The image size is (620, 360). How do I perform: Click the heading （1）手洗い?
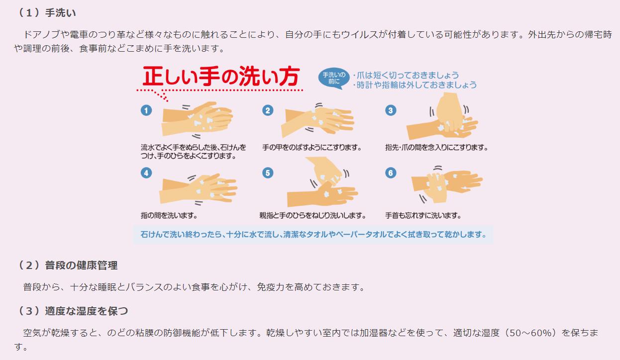point(46,13)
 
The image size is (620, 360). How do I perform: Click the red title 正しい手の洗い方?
point(221,76)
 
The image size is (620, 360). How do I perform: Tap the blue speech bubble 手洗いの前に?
point(334,78)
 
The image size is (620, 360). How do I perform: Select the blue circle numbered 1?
point(146,110)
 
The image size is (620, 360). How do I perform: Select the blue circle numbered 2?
point(268,110)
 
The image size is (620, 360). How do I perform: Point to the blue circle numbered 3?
point(391,110)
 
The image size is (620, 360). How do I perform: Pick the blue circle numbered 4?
point(146,173)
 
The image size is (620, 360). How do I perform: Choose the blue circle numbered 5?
point(268,173)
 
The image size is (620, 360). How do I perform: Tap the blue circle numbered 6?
point(391,173)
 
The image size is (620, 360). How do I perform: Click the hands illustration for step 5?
point(322,182)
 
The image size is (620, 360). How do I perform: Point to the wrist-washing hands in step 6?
point(446,184)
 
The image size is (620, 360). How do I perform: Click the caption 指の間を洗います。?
point(169,215)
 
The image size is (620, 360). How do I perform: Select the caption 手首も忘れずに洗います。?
point(423,215)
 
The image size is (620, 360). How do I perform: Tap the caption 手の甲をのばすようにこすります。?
point(312,148)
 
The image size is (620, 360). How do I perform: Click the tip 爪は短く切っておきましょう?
point(406,75)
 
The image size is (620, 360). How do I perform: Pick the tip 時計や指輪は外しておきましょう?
point(415,85)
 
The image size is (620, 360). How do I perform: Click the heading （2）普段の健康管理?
point(68,266)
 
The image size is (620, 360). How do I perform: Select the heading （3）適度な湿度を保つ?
point(73,311)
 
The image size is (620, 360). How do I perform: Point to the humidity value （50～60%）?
point(530,333)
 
